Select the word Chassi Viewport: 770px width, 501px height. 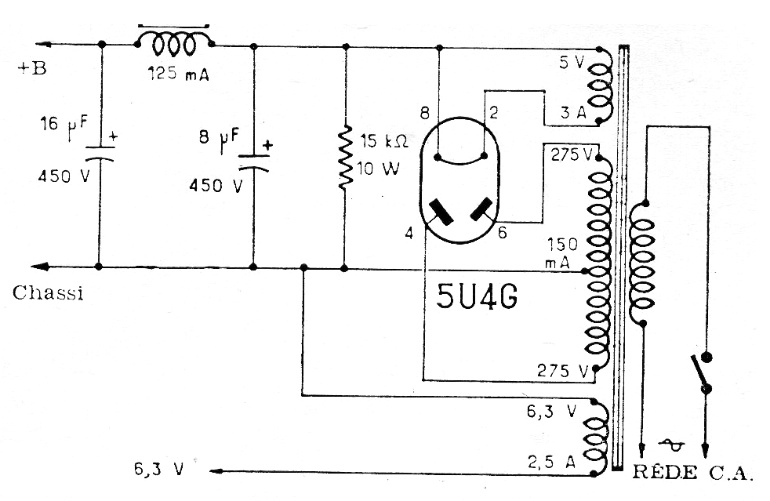[48, 293]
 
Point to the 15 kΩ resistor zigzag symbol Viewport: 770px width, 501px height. [344, 160]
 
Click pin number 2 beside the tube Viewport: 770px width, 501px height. [494, 114]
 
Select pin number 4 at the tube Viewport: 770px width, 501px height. [409, 232]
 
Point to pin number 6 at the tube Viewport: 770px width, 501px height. [502, 232]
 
